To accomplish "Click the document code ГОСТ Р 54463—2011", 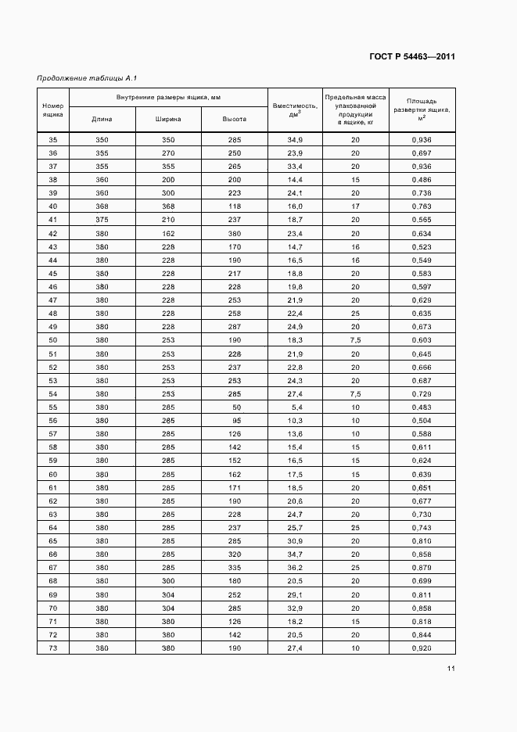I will click(x=411, y=57).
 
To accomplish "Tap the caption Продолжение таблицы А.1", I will click(x=87, y=77).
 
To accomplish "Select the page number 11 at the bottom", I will click(x=451, y=669).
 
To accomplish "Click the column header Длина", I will click(x=102, y=120).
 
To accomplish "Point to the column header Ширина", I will click(x=168, y=120).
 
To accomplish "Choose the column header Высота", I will click(x=235, y=120).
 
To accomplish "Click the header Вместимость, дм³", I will click(x=295, y=109).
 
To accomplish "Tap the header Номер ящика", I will click(x=53, y=109).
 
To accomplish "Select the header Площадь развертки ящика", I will click(x=422, y=109).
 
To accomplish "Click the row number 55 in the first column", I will click(x=53, y=407).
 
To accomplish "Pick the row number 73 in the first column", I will click(x=53, y=648).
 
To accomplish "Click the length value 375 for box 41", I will click(x=102, y=220).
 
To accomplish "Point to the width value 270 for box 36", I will click(x=168, y=153).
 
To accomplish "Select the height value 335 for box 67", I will click(x=235, y=568).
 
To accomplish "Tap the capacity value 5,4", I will click(x=295, y=407).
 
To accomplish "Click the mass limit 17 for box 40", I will click(x=355, y=206).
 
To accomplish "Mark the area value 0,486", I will click(x=422, y=180).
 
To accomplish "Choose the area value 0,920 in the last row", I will click(x=422, y=648).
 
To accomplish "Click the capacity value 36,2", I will click(x=295, y=568).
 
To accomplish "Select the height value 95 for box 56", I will click(x=235, y=421).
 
